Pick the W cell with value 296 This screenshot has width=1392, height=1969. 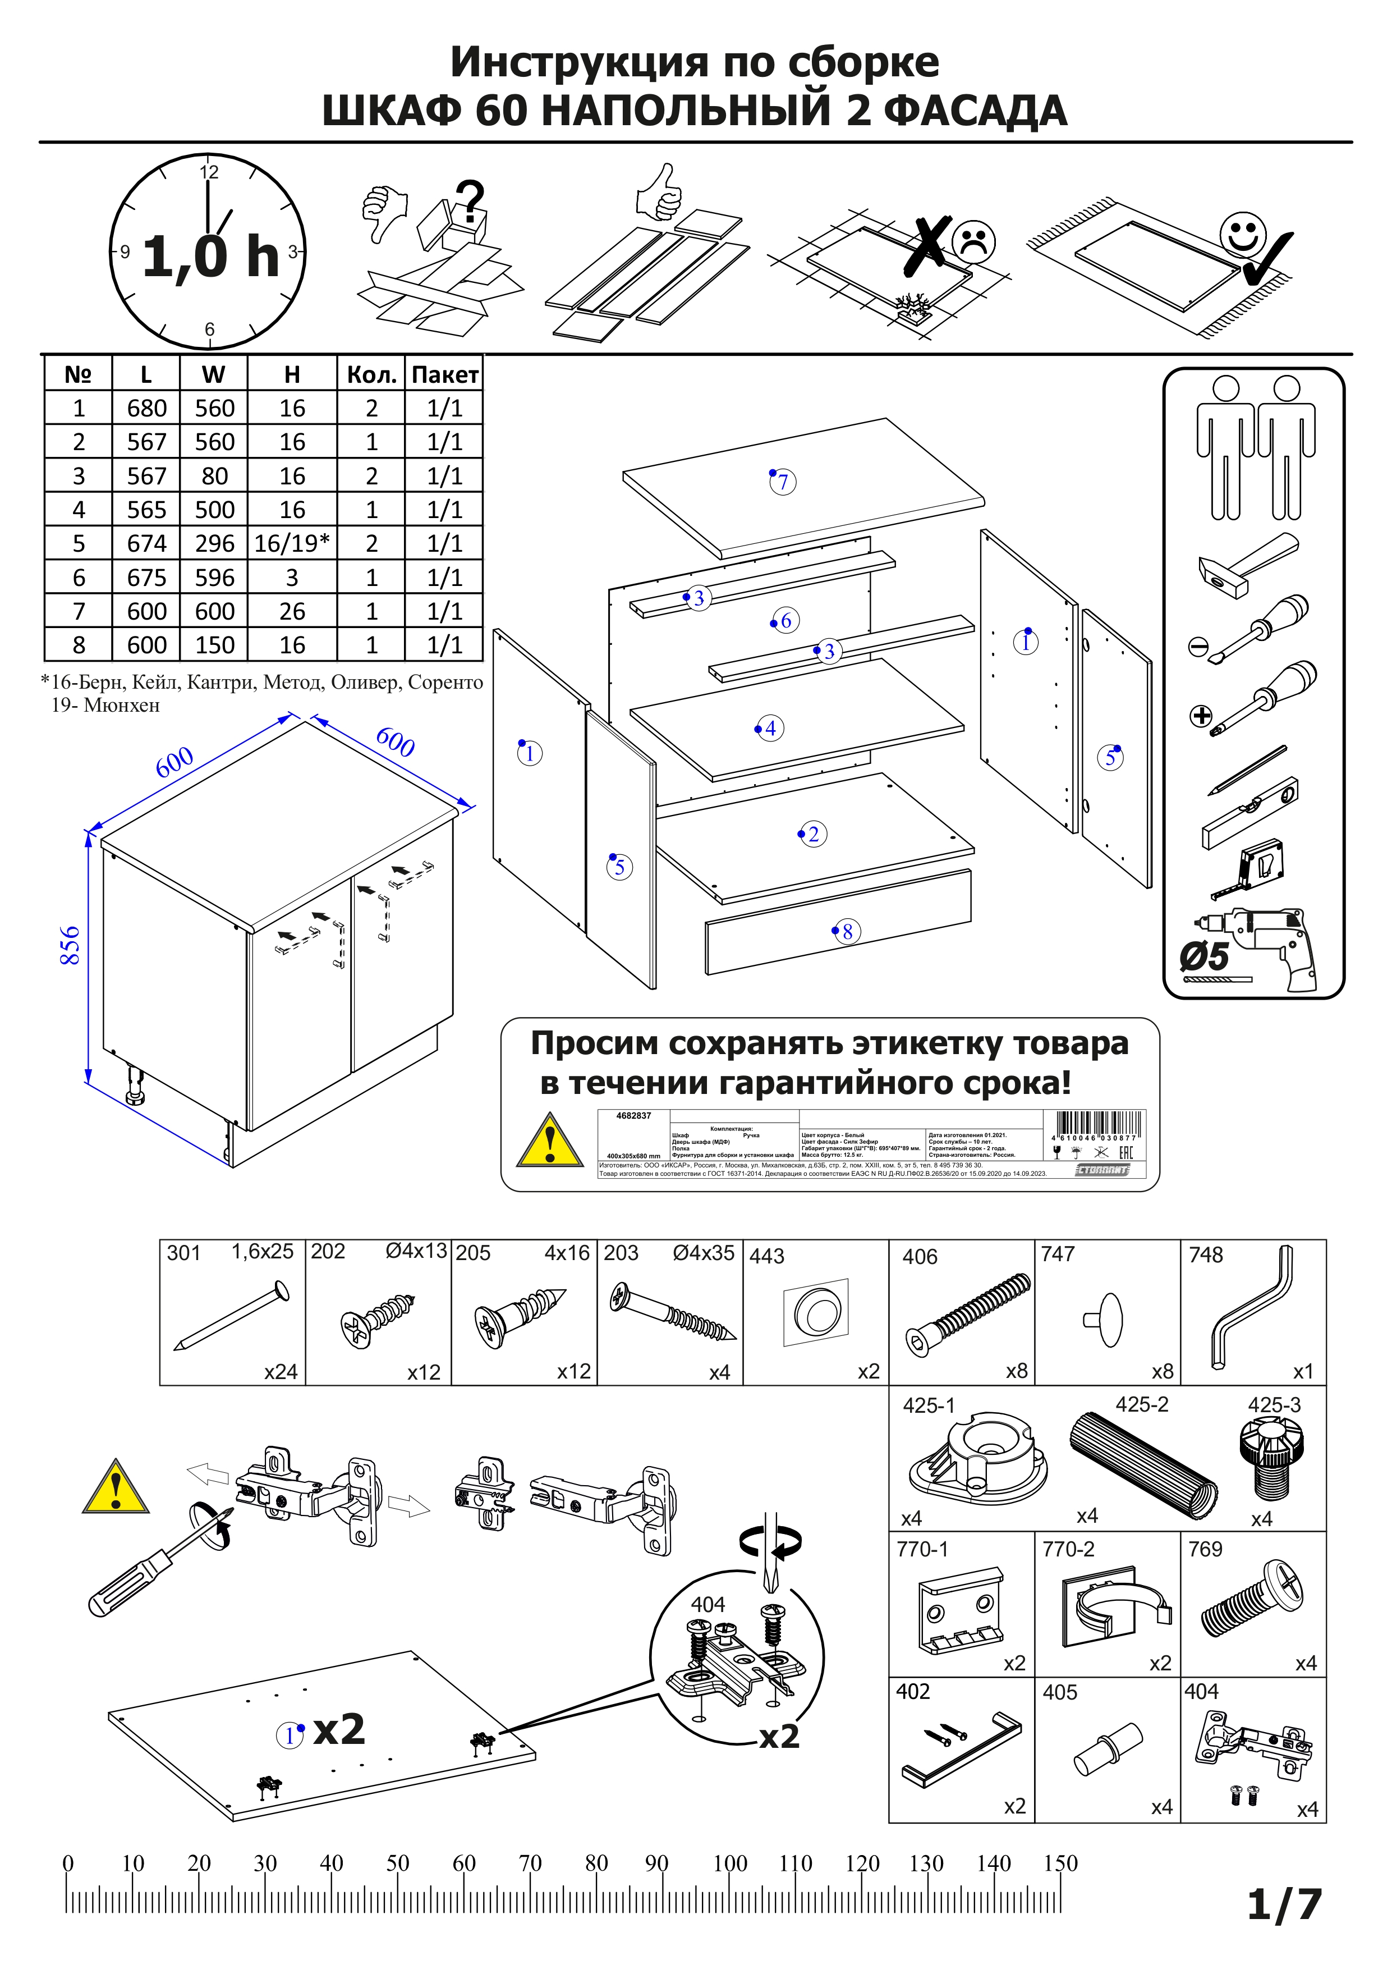[214, 544]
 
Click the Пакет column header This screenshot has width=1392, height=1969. [444, 375]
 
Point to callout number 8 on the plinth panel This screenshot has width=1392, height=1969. [847, 931]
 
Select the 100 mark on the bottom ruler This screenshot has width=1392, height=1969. [729, 1863]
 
